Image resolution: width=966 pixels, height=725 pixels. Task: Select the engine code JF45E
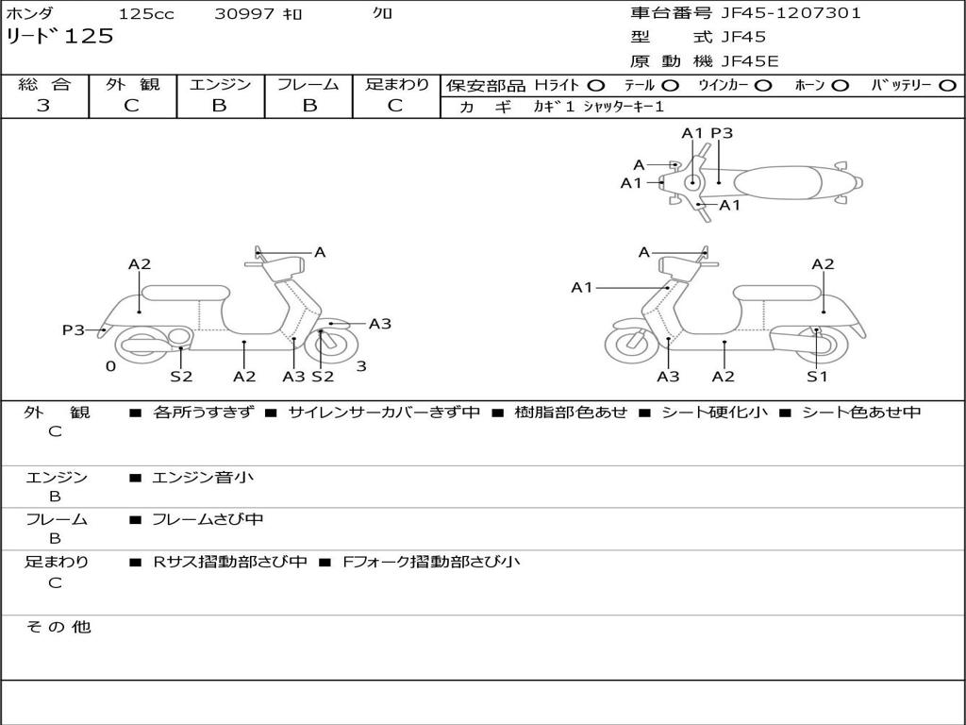tap(750, 62)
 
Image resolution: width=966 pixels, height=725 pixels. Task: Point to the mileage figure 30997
tap(244, 14)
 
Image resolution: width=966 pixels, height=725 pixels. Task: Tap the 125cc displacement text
tap(146, 14)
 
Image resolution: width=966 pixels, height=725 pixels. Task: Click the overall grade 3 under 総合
tap(43, 106)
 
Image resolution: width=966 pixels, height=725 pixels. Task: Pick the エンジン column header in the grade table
tap(220, 84)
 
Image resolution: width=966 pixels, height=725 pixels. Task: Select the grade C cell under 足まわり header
tap(395, 106)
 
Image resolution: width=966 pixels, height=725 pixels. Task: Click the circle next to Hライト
tap(596, 85)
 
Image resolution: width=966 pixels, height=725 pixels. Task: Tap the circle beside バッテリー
tap(947, 85)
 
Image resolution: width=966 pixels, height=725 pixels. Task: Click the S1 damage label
tap(817, 377)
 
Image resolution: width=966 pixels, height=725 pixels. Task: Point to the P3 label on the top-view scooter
tap(722, 133)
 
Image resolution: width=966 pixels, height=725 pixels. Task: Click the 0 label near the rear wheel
tap(110, 366)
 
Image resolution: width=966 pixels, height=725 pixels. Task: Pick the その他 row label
tap(58, 627)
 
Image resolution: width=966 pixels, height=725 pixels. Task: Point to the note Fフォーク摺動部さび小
tap(430, 562)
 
